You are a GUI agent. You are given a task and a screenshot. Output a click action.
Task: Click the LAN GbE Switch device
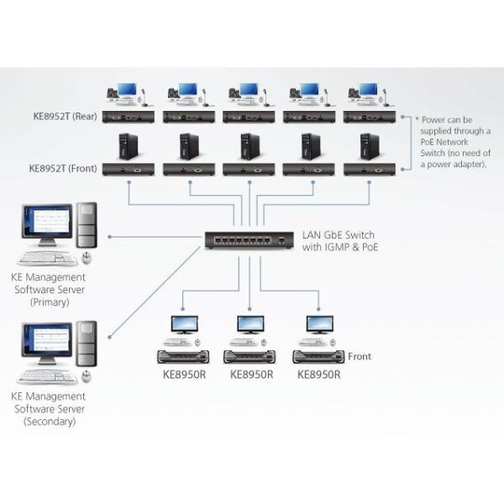(x=244, y=241)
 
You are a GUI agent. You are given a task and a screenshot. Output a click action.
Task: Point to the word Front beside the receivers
(x=359, y=356)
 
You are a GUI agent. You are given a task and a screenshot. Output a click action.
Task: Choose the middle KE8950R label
(x=251, y=374)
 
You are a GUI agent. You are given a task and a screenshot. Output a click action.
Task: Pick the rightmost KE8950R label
(x=319, y=374)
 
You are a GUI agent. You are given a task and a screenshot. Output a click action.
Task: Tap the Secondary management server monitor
(x=48, y=344)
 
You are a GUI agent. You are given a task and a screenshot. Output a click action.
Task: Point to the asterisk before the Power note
(x=405, y=118)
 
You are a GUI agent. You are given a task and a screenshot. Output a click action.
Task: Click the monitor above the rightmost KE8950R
(x=319, y=323)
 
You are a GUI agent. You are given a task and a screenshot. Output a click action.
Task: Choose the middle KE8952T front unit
(x=248, y=169)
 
